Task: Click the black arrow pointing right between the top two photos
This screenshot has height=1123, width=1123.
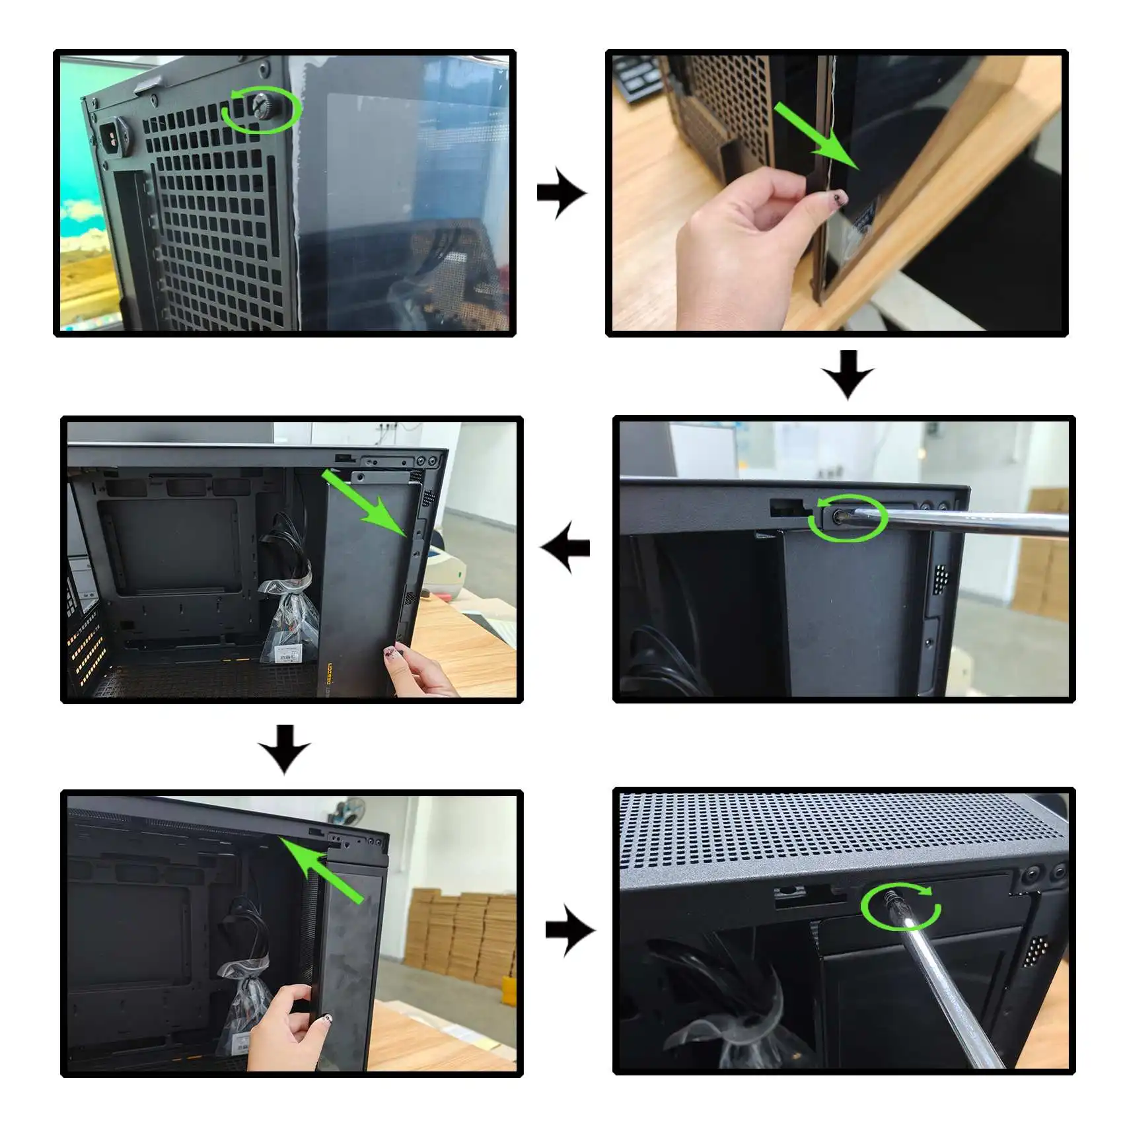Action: (560, 194)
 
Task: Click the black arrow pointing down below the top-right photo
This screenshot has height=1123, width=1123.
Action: (848, 375)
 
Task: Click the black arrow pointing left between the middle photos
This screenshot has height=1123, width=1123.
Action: (565, 547)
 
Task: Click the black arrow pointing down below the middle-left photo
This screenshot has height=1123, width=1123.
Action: (284, 748)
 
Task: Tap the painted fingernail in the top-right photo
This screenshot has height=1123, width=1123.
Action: (840, 198)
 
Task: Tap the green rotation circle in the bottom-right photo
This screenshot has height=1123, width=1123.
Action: (902, 906)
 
